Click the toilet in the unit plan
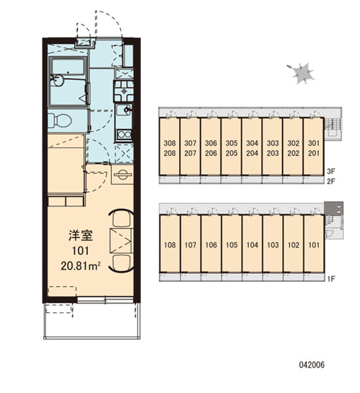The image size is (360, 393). click(x=60, y=120)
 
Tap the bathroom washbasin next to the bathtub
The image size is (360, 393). click(x=57, y=80)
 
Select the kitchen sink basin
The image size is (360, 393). click(x=124, y=110)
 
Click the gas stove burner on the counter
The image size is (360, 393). click(x=124, y=91)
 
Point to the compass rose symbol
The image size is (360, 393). click(x=301, y=73)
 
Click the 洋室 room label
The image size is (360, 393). click(x=81, y=236)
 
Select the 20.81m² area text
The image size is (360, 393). click(x=81, y=266)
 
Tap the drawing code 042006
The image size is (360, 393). click(x=312, y=365)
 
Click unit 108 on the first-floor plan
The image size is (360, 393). click(x=170, y=245)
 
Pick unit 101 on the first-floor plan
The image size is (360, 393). click(x=314, y=245)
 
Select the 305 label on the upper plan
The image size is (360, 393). click(x=231, y=143)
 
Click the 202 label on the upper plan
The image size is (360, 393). click(x=293, y=153)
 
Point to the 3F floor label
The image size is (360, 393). click(x=331, y=171)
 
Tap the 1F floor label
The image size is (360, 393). click(x=331, y=278)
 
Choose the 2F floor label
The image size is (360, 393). click(x=331, y=181)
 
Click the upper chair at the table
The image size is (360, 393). click(x=122, y=219)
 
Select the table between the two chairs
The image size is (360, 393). click(x=121, y=241)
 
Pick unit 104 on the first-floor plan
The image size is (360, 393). click(x=252, y=245)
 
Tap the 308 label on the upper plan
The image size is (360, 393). click(x=170, y=143)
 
